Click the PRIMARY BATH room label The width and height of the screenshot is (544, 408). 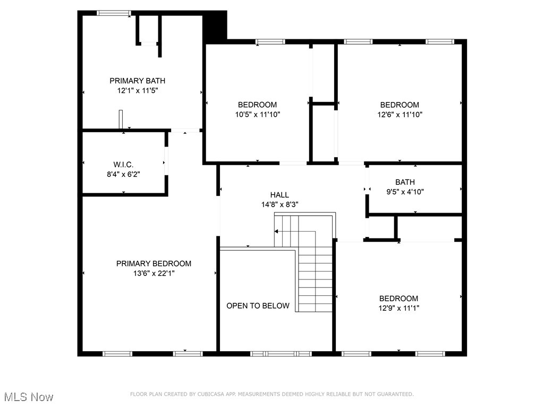137,81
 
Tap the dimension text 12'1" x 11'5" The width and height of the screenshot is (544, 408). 138,90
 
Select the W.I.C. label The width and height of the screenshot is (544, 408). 123,164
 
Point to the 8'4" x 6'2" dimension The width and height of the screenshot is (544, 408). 123,174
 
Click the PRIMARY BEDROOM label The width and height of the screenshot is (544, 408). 154,263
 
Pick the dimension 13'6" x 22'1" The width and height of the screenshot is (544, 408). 154,273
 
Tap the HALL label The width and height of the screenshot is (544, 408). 279,195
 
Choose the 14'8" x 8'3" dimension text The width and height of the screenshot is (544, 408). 279,205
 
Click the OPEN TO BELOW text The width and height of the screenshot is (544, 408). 258,305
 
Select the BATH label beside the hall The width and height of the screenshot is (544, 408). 405,182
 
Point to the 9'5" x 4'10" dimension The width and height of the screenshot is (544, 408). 405,192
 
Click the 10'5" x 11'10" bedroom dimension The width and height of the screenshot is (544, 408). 257,114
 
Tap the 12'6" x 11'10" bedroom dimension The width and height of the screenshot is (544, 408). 399,114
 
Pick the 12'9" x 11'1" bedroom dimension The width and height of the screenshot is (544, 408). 398,308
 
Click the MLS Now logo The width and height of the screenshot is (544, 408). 29,397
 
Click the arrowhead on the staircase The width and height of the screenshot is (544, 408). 277,231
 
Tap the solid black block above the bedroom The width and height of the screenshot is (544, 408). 215,27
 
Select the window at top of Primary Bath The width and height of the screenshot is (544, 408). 114,13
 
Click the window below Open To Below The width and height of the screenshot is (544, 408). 280,353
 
